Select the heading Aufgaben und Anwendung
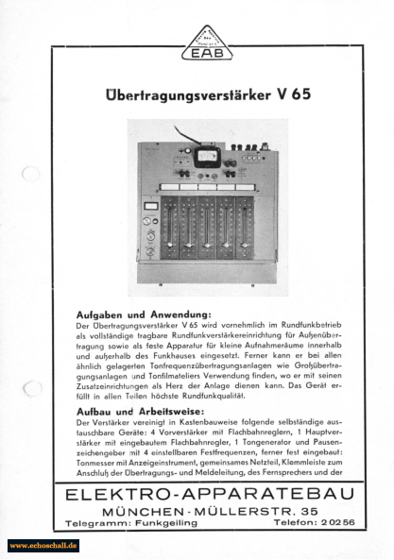pos(143,314)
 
